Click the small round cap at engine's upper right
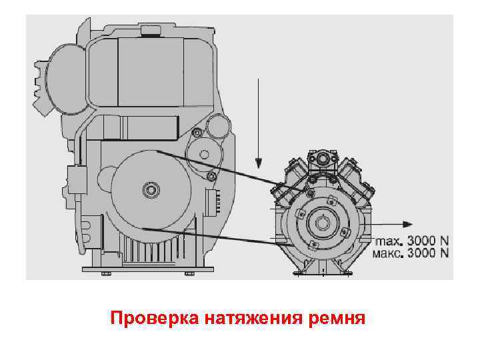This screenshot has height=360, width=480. [x=217, y=127]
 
